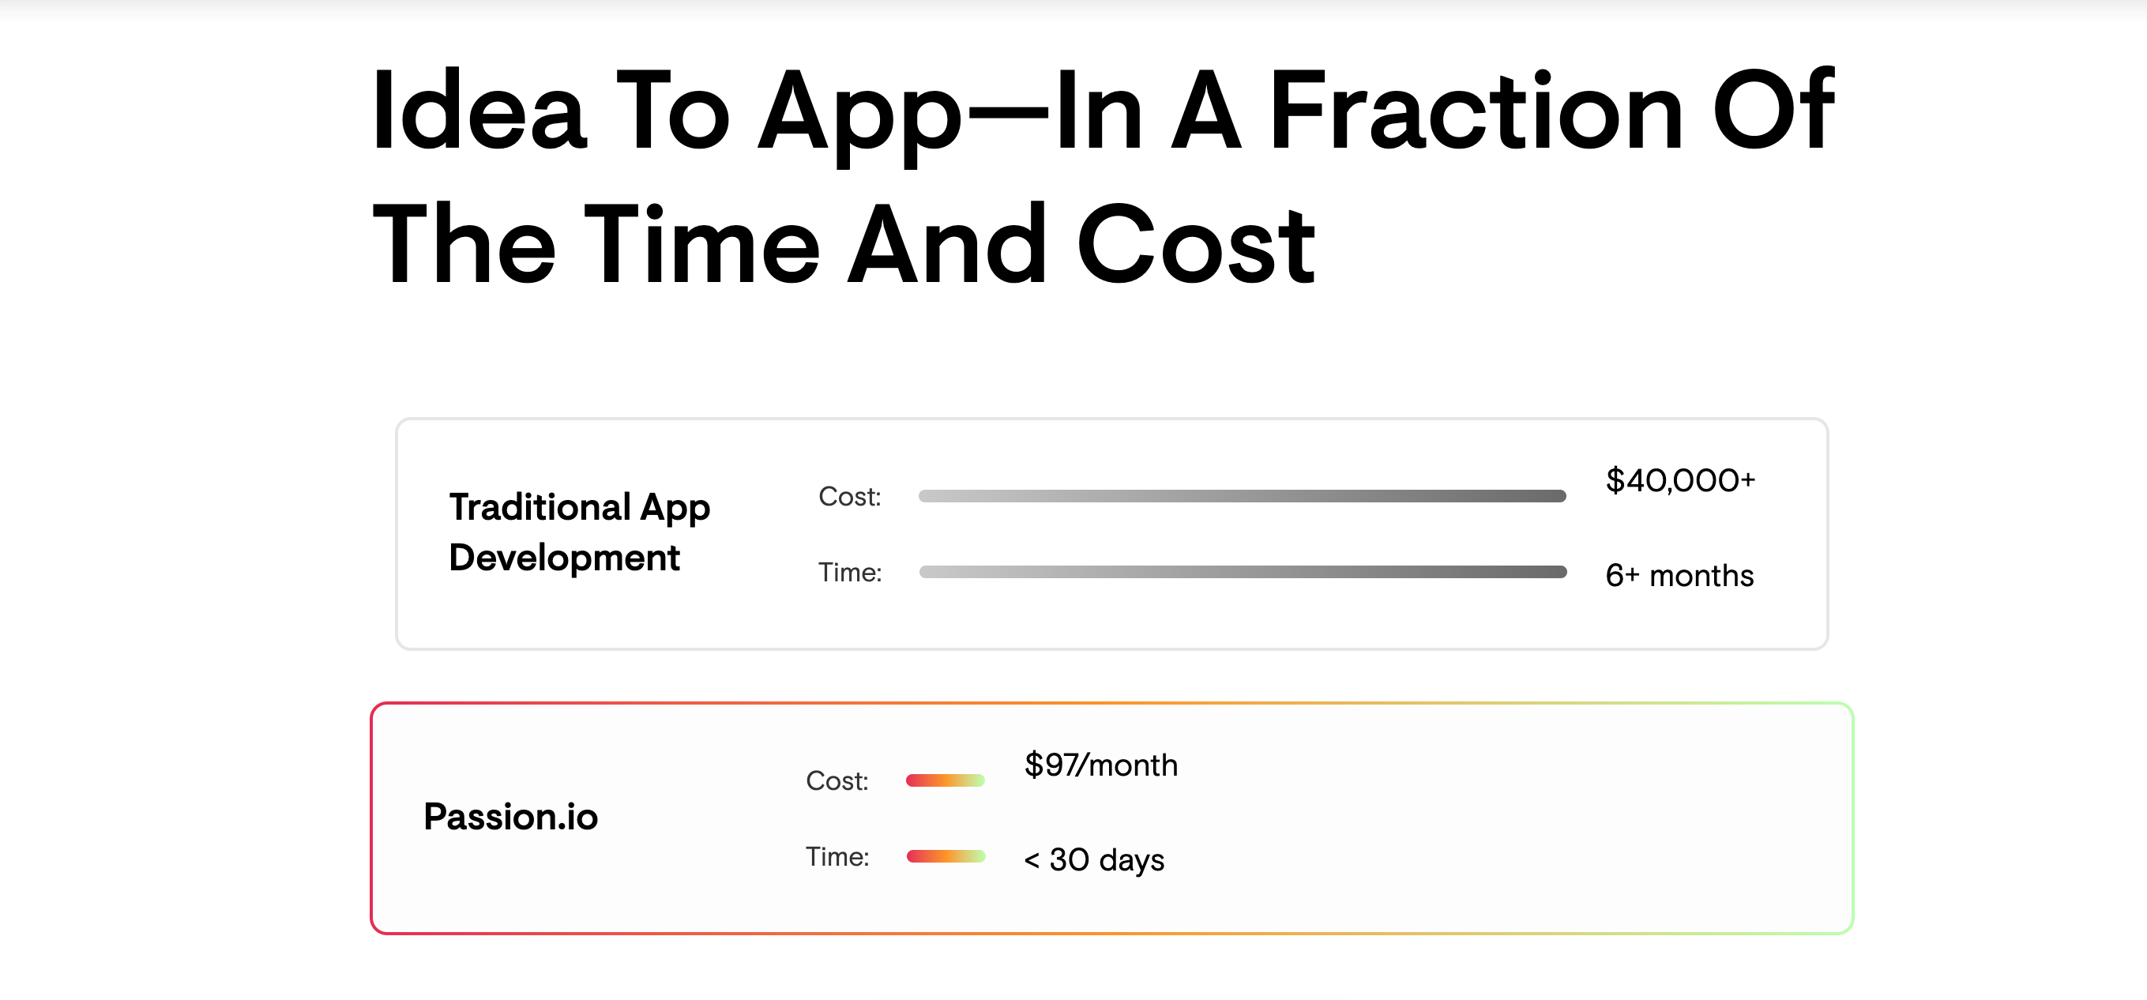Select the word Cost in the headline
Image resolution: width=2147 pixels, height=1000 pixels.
(x=1195, y=246)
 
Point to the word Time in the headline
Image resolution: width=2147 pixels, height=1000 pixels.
(x=701, y=246)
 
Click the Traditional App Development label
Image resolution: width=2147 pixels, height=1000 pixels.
(x=579, y=532)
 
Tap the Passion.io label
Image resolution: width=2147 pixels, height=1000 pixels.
(x=511, y=817)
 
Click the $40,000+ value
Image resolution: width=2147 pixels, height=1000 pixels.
(x=1680, y=481)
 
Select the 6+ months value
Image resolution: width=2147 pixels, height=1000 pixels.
(x=1679, y=576)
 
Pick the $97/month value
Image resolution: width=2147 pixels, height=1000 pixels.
(x=1101, y=765)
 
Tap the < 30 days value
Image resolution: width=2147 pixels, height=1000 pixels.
(x=1093, y=860)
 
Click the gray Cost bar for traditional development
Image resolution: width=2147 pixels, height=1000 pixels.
(x=1242, y=496)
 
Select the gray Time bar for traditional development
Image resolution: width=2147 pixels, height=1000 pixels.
(x=1242, y=572)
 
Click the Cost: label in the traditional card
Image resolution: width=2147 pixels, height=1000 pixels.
(x=849, y=497)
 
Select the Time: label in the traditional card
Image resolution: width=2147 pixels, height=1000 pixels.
(x=849, y=573)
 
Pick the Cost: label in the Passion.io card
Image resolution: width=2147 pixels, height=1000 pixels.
(x=837, y=781)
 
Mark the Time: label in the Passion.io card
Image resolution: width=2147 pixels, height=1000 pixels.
(x=837, y=857)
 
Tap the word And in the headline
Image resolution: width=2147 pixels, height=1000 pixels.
(x=947, y=246)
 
